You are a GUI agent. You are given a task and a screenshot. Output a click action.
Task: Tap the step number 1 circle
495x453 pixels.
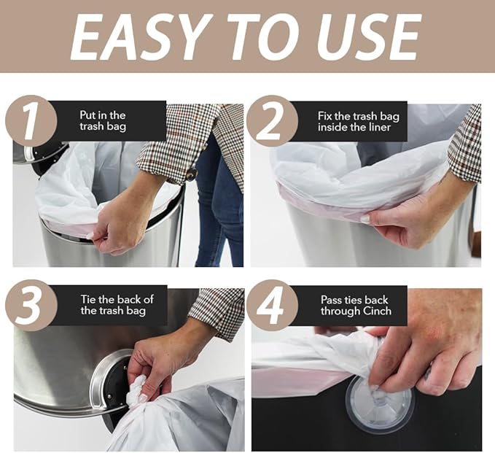coord(30,120)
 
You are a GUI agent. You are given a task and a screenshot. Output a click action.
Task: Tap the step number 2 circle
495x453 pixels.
coord(271,120)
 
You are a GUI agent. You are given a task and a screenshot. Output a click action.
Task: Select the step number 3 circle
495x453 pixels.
coord(30,304)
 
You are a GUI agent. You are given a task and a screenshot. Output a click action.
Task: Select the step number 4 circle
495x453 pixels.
coord(271,304)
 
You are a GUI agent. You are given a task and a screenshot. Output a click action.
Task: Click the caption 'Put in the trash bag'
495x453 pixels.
coord(102,120)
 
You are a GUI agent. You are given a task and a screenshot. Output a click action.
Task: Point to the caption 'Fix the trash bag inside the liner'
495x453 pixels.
coord(354,121)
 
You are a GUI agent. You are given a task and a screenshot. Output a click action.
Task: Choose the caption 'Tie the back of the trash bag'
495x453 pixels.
coord(117,305)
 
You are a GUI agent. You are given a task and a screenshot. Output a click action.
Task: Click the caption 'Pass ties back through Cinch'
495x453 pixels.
coord(355,305)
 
